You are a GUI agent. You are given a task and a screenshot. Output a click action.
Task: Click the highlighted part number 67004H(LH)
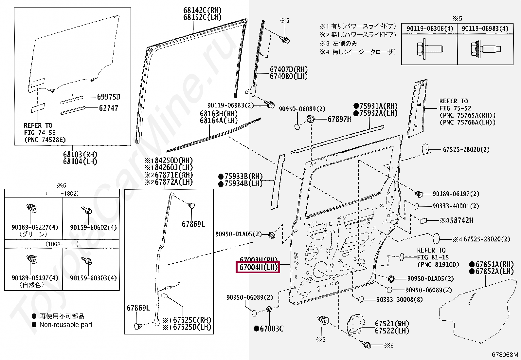[258, 267]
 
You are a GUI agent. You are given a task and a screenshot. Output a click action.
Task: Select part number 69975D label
[109, 97]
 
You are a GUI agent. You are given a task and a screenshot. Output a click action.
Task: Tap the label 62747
[108, 108]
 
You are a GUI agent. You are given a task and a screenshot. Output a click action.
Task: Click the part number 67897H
[339, 120]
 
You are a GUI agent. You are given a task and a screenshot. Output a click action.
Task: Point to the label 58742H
[461, 220]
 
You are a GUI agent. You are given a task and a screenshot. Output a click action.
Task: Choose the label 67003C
[271, 328]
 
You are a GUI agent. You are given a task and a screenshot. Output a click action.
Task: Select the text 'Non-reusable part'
[66, 325]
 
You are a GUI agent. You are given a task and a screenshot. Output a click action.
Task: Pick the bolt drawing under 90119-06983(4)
[484, 50]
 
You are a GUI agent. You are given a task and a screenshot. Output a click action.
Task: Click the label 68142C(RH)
[202, 10]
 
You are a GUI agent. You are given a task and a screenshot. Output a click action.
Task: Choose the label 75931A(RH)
[378, 106]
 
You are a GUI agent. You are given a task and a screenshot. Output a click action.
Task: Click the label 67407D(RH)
[289, 69]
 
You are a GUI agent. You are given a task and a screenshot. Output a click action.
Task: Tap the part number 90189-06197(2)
[456, 194]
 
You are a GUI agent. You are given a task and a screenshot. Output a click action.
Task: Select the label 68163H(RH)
[219, 113]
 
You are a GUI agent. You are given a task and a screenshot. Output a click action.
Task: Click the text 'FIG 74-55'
[40, 133]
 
